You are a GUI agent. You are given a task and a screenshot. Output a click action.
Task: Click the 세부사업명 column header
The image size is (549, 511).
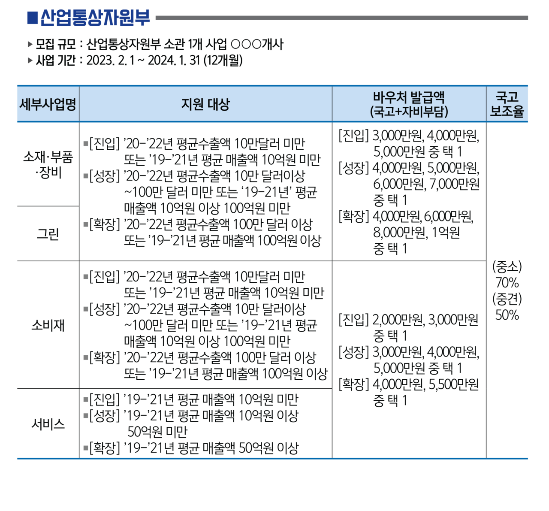click(48, 104)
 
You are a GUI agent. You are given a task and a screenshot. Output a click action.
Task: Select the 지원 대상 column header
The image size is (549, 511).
click(205, 104)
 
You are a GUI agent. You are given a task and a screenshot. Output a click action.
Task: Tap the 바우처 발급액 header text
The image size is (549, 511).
click(409, 97)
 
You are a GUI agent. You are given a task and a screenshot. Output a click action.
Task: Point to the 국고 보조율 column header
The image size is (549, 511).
click(507, 104)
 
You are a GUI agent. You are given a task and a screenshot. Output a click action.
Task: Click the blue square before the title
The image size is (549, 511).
click(33, 18)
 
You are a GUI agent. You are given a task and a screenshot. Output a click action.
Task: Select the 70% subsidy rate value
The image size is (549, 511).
click(507, 283)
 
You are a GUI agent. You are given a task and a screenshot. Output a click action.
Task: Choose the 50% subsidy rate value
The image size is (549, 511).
click(507, 315)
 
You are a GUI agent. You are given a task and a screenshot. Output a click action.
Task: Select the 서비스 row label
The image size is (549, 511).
click(48, 424)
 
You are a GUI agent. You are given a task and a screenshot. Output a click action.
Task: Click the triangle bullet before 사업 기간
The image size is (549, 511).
click(30, 61)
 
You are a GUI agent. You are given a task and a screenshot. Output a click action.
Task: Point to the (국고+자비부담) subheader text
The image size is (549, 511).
click(409, 112)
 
